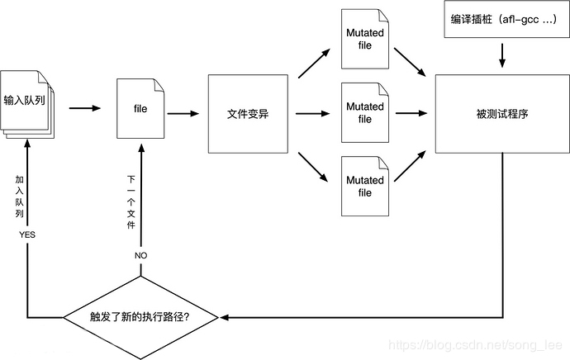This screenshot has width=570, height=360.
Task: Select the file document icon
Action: click(x=140, y=108)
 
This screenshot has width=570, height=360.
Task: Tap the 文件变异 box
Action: click(x=247, y=114)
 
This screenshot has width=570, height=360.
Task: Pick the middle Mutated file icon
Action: click(x=364, y=113)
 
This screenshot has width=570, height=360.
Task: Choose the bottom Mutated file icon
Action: click(x=364, y=186)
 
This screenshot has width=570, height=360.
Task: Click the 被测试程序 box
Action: click(x=502, y=114)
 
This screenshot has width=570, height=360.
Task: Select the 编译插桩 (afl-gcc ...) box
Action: click(x=502, y=21)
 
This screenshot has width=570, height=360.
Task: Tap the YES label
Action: click(x=27, y=235)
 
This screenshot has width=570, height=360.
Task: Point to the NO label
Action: click(x=140, y=255)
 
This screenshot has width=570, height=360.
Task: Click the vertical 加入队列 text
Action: click(x=20, y=196)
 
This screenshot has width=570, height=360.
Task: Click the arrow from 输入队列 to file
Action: click(x=84, y=108)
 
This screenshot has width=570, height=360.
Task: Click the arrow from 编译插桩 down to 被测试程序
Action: click(x=502, y=55)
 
